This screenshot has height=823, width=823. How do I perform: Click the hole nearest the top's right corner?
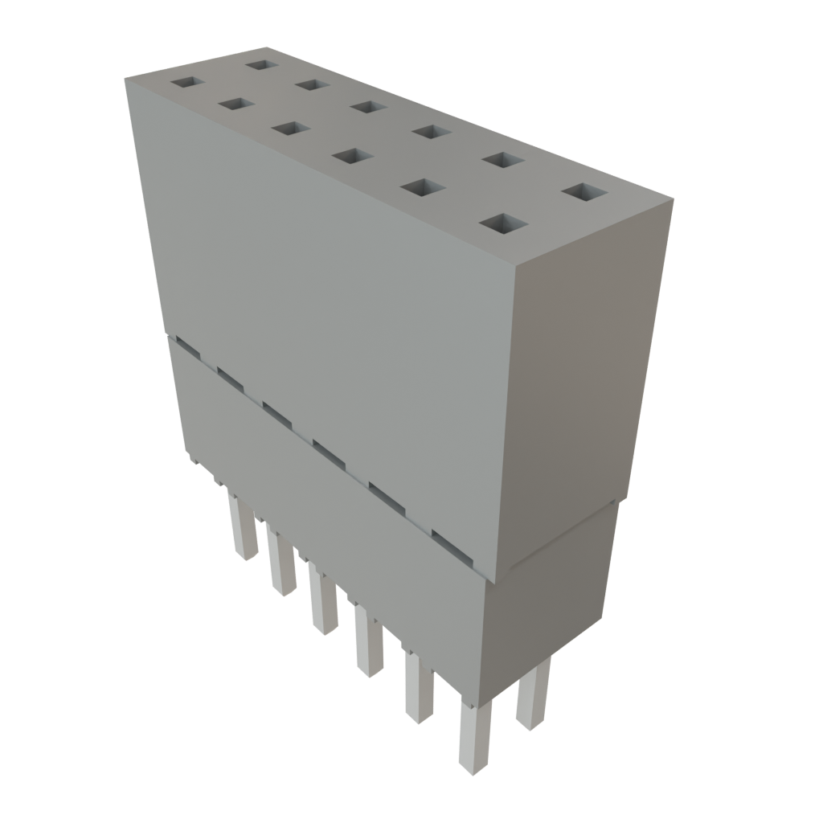tap(584, 192)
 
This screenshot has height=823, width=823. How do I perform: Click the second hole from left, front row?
tap(235, 104)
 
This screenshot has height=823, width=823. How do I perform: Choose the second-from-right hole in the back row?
tap(502, 160)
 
